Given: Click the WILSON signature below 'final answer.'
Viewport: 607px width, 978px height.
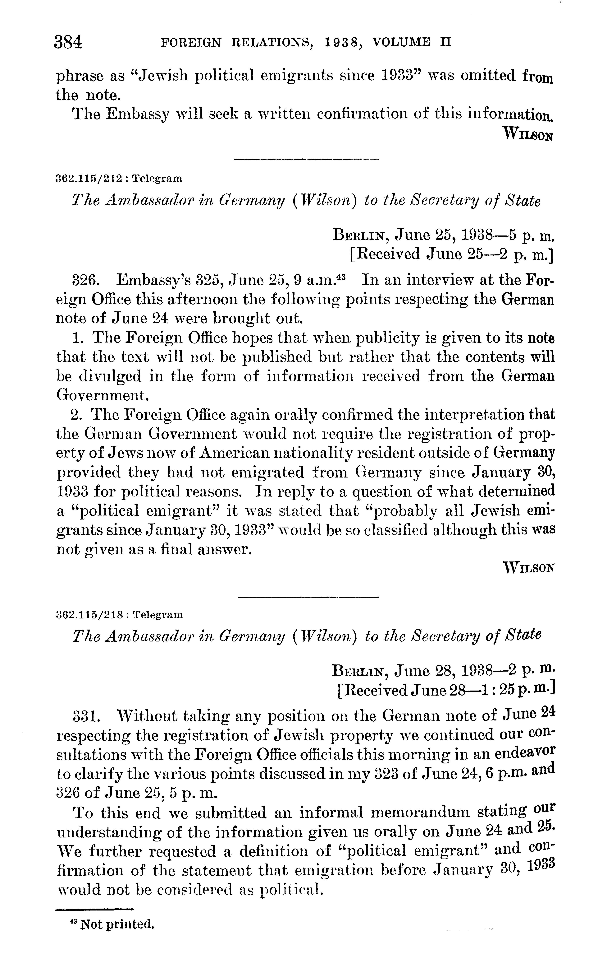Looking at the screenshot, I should pyautogui.click(x=529, y=568).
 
